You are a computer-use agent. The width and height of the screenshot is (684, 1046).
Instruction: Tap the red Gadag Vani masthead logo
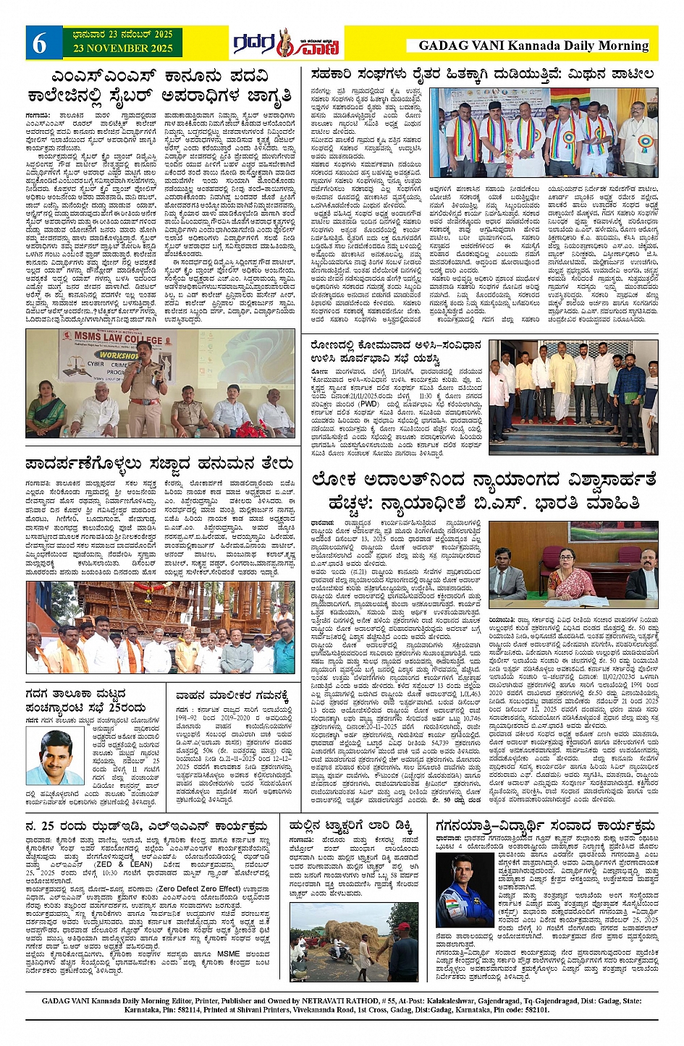[287, 44]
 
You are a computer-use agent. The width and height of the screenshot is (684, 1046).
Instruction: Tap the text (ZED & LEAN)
[111, 864]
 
